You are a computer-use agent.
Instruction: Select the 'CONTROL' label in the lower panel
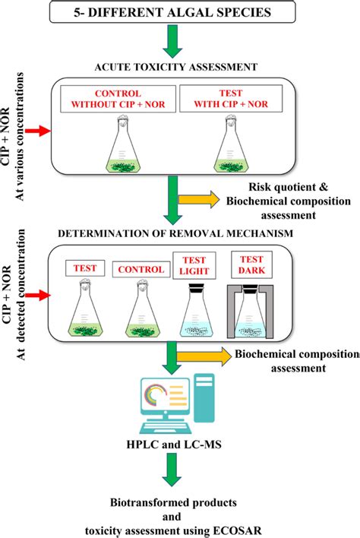click(x=140, y=269)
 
